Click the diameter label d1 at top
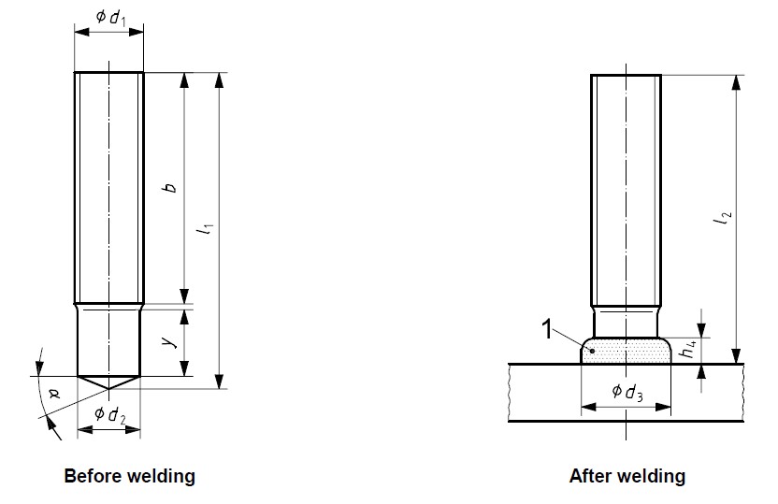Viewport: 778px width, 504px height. click(109, 17)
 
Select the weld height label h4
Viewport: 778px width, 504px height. click(688, 350)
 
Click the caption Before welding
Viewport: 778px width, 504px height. click(129, 476)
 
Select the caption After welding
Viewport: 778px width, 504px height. click(627, 476)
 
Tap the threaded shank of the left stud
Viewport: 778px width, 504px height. click(108, 187)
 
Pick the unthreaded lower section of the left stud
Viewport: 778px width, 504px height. click(108, 341)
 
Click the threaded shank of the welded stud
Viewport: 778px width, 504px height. click(626, 187)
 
